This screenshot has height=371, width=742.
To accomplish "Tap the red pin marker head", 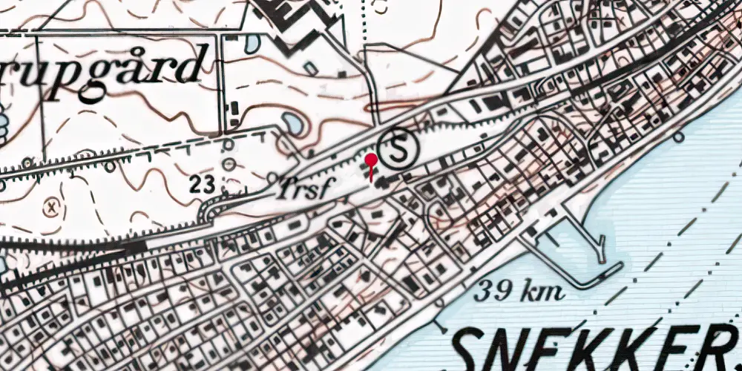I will coord(371,160).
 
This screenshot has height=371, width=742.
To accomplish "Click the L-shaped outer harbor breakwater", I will coord(594,260).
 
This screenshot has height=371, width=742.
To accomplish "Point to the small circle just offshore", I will coord(678,137).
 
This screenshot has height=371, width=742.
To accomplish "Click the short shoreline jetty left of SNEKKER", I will coord(439,324).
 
